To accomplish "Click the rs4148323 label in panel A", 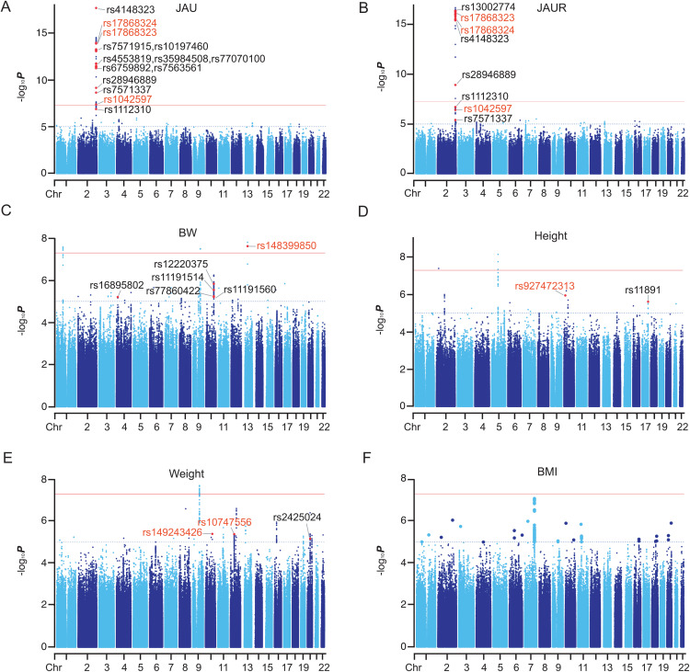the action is coord(131,10).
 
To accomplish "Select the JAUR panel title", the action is coord(551,8).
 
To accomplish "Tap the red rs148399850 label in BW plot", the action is coord(286,245).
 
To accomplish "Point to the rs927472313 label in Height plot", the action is coord(545,286).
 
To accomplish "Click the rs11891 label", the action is coord(642,290).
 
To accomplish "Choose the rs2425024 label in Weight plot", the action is coord(297,518).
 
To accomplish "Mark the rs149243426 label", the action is coord(172,532).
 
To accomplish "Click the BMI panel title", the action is coord(547,472).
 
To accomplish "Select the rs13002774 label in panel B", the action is coord(488,7).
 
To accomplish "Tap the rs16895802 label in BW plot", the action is coord(117,285).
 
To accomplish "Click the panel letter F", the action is coord(366,458).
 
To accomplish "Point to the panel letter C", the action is coord(6,211).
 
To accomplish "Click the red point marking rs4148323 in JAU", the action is coord(96,8).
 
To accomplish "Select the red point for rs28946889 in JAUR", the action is coord(455,85).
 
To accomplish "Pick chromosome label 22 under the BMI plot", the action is coord(683,667).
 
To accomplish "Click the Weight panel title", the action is coord(187,473).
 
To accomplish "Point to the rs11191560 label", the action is coord(250,290).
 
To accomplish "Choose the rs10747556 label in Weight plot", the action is coord(224,522).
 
